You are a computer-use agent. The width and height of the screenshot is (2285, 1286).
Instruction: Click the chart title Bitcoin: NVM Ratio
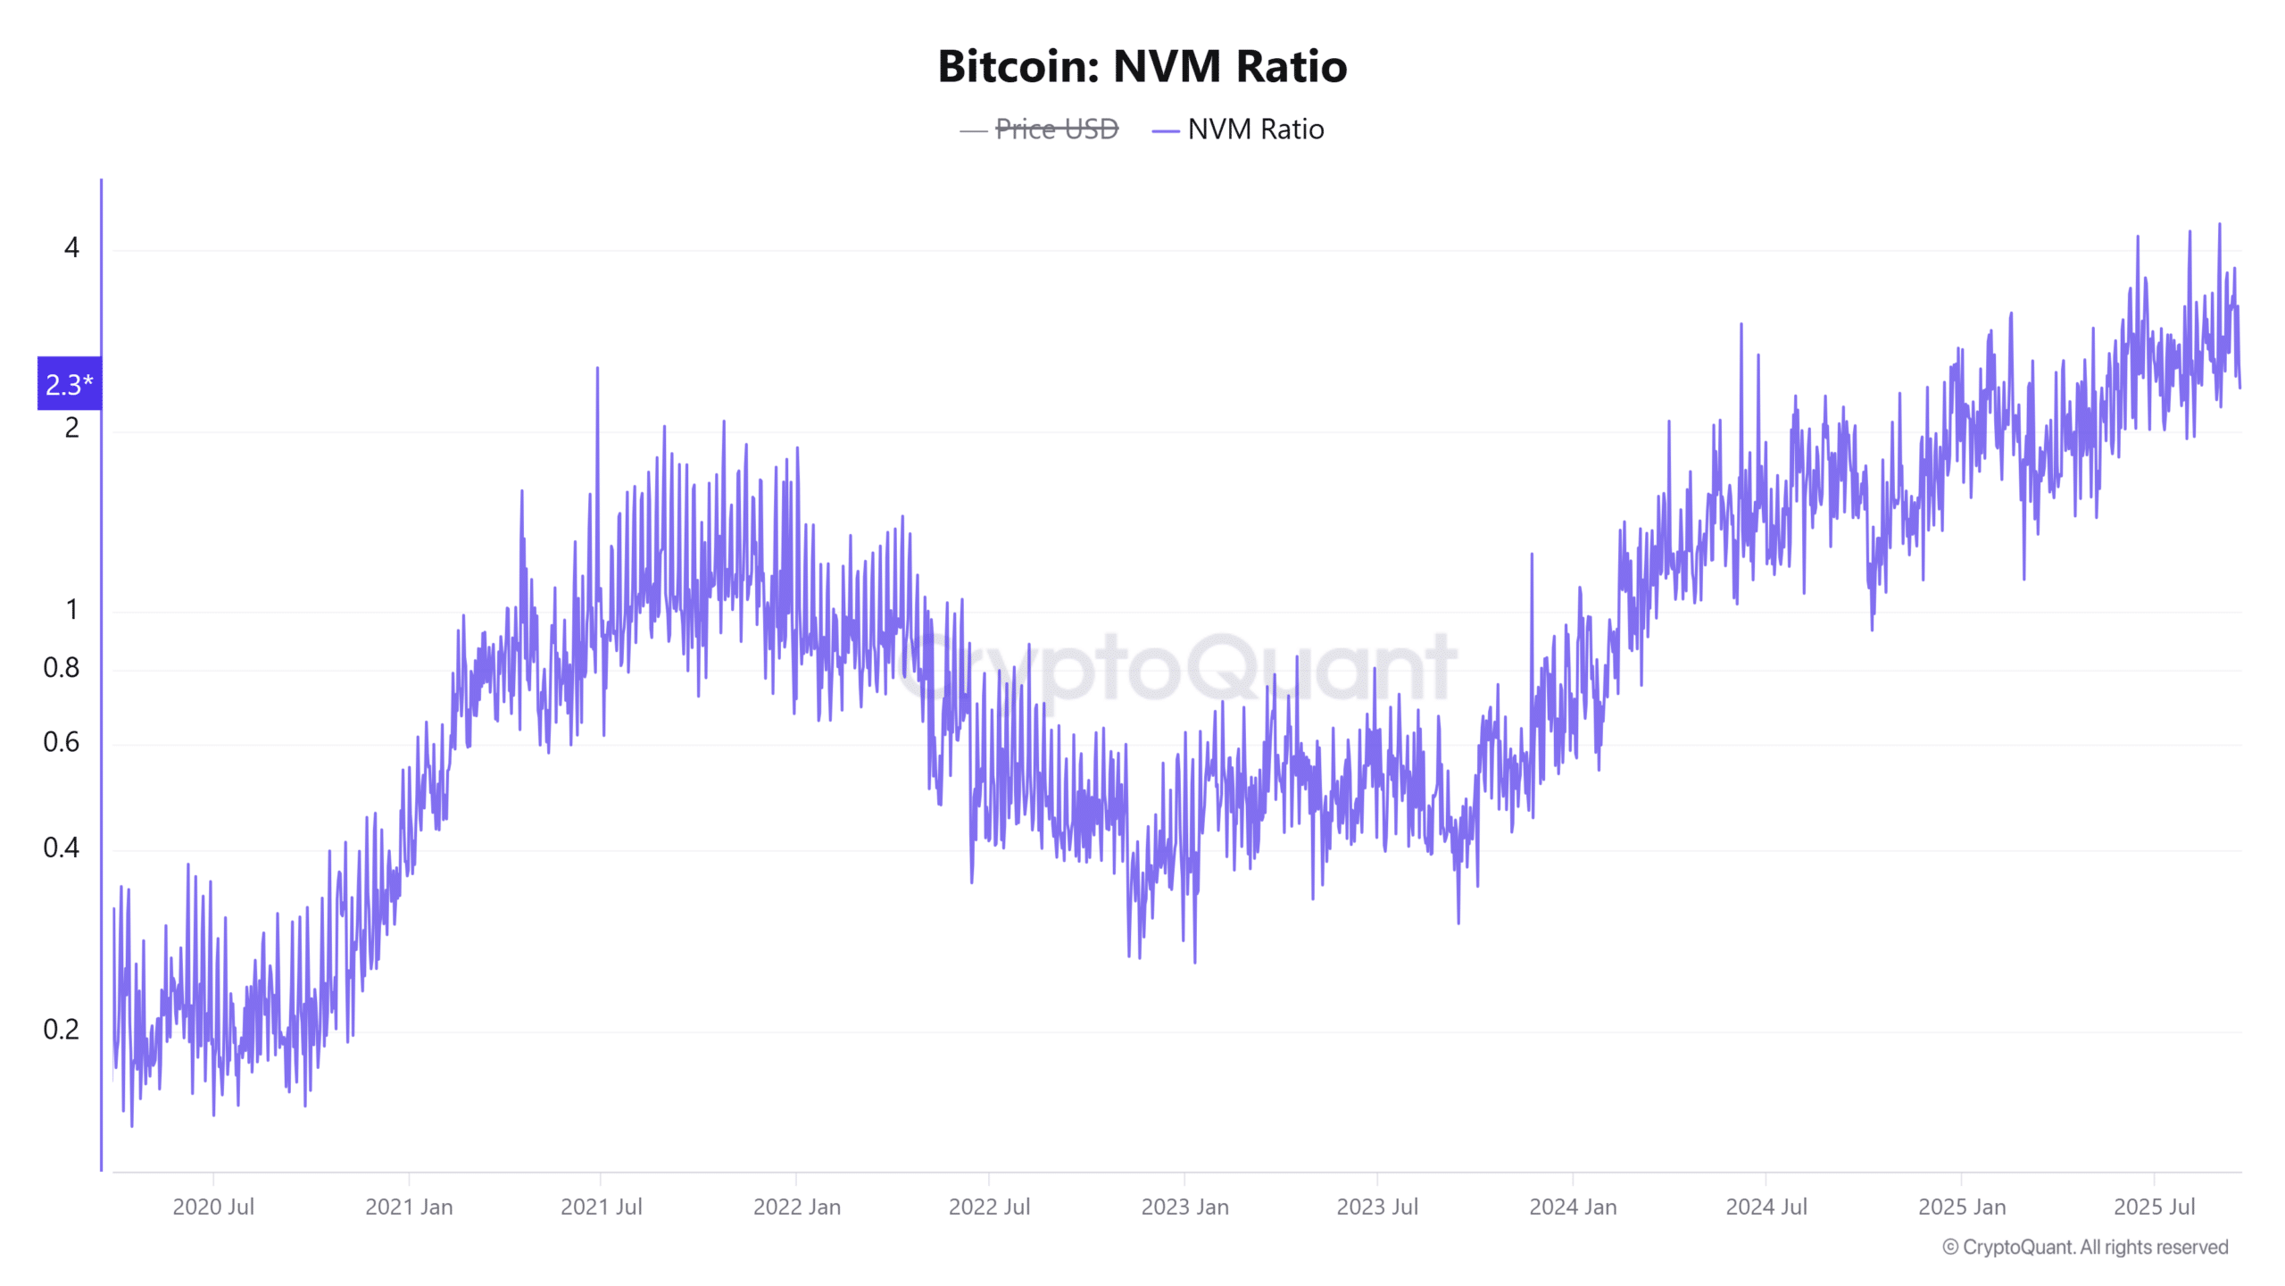click(1142, 67)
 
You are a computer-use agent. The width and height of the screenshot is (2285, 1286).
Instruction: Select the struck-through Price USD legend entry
click(1056, 129)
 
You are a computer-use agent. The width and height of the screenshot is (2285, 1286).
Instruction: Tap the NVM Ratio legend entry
click(1255, 129)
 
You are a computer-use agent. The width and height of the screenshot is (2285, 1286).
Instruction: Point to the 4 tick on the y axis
click(71, 247)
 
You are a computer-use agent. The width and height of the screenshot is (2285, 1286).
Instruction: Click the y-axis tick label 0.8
click(61, 668)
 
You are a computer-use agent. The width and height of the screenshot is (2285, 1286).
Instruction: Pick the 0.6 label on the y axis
click(61, 742)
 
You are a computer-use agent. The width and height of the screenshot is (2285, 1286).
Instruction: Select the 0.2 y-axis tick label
click(61, 1030)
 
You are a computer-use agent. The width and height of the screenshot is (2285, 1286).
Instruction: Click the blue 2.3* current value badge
click(69, 384)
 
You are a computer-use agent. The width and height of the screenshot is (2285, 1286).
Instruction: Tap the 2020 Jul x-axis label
click(213, 1207)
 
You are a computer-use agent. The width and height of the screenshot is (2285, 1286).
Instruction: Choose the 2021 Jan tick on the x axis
click(409, 1207)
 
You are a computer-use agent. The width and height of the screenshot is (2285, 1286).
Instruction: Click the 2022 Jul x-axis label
click(989, 1207)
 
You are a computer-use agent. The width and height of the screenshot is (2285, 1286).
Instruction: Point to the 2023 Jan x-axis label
click(1184, 1207)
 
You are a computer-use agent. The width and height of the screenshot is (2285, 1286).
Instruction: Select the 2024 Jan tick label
click(1573, 1207)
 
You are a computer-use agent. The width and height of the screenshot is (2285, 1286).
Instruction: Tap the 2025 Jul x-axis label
click(2154, 1207)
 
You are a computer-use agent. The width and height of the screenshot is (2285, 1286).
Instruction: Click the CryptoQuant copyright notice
click(2085, 1248)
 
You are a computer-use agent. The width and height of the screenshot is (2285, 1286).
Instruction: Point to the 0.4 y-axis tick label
click(61, 848)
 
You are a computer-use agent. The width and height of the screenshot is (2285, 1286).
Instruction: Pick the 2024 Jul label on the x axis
click(1766, 1207)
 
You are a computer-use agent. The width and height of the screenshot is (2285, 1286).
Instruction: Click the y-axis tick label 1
click(71, 610)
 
